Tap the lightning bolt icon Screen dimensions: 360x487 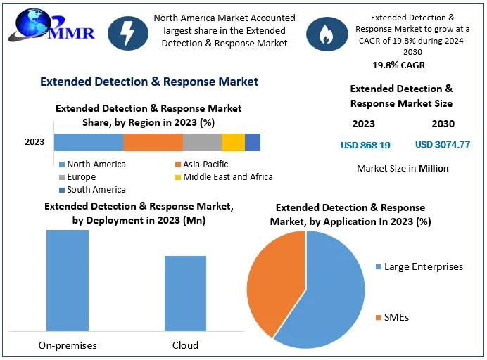pyautogui.click(x=128, y=33)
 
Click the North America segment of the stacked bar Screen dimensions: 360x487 pyautogui.click(x=89, y=142)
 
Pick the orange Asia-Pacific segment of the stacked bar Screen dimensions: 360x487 pyautogui.click(x=153, y=142)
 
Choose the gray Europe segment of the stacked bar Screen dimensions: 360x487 pyautogui.click(x=202, y=142)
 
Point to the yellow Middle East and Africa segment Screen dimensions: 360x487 pyautogui.click(x=233, y=142)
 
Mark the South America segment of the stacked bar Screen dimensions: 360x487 pyautogui.click(x=253, y=142)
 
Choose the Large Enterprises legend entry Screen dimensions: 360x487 pyautogui.click(x=419, y=266)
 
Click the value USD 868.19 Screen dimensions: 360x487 pyautogui.click(x=365, y=145)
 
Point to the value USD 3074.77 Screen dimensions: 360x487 pyautogui.click(x=443, y=144)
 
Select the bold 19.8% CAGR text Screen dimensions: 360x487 pyautogui.click(x=398, y=65)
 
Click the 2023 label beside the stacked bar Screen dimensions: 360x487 pyautogui.click(x=34, y=142)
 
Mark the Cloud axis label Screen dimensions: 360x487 pyautogui.click(x=185, y=345)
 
